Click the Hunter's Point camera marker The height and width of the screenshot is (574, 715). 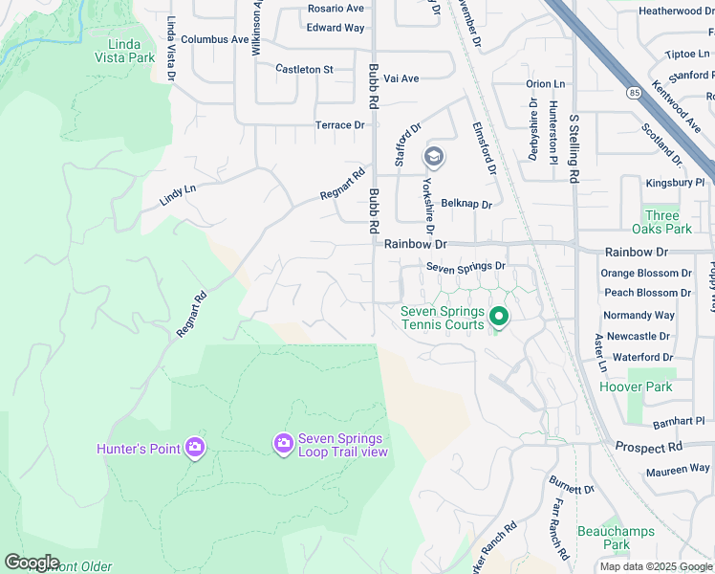click(x=195, y=447)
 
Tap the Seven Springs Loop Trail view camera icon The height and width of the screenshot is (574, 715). click(x=283, y=443)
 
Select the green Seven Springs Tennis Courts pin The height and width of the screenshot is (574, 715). click(x=498, y=317)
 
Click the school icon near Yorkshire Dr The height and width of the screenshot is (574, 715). click(x=434, y=156)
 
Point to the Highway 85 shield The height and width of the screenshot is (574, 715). click(x=635, y=92)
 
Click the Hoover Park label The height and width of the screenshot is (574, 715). click(x=636, y=387)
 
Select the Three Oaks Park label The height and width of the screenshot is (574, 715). click(x=661, y=223)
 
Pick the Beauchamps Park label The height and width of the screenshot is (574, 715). click(x=603, y=538)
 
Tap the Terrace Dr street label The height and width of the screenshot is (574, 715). click(x=340, y=125)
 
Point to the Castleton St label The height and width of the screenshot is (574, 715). click(x=304, y=69)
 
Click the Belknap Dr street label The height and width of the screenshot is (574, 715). click(x=466, y=204)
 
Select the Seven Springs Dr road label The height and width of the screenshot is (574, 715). click(x=466, y=266)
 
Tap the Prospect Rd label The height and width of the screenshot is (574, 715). click(x=649, y=447)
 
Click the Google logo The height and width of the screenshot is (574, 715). click(x=32, y=563)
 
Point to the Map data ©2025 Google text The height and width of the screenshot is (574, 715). click(x=655, y=566)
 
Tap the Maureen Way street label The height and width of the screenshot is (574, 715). click(x=678, y=470)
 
